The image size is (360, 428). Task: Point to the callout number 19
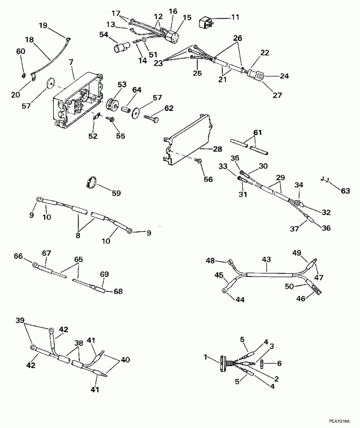coord(43,26)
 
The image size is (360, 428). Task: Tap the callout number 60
coord(21,51)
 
